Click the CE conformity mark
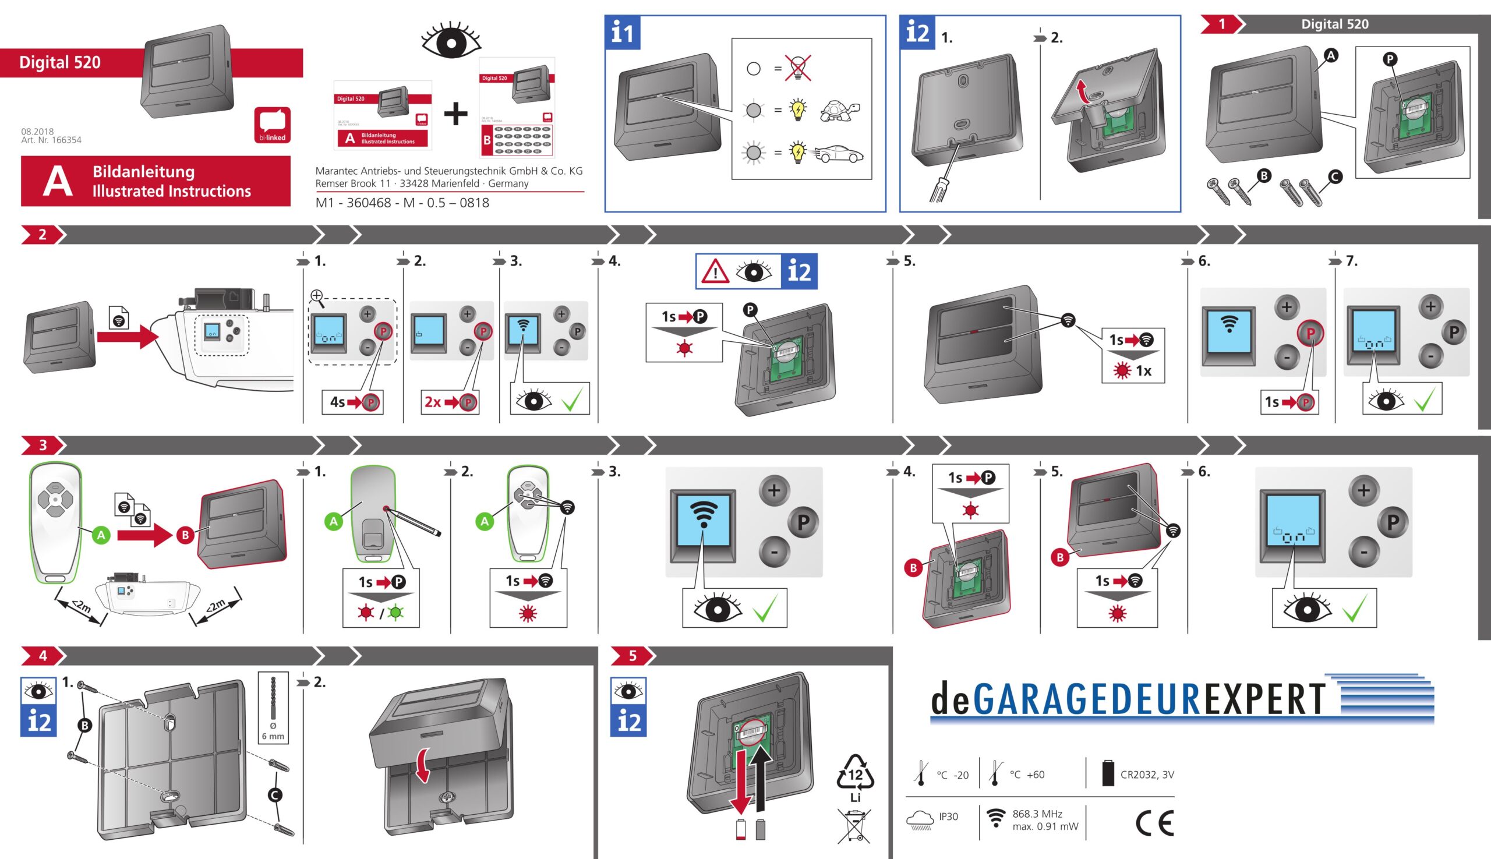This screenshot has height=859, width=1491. (1155, 823)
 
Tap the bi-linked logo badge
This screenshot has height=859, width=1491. (272, 125)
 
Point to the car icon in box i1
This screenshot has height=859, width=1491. (841, 154)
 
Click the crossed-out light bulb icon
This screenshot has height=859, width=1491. (797, 68)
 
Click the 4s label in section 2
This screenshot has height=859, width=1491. (337, 402)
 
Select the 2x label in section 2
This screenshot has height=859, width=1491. (433, 402)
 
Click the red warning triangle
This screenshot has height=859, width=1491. (715, 272)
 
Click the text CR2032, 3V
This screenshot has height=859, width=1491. (1146, 775)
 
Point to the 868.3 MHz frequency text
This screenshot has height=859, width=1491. (1037, 814)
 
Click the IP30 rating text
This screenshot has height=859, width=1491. (948, 816)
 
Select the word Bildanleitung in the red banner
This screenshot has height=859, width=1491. (143, 172)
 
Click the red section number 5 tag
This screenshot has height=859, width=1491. (632, 656)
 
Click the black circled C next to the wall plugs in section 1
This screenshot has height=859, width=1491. (1335, 176)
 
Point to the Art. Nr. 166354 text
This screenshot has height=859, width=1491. (51, 140)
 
